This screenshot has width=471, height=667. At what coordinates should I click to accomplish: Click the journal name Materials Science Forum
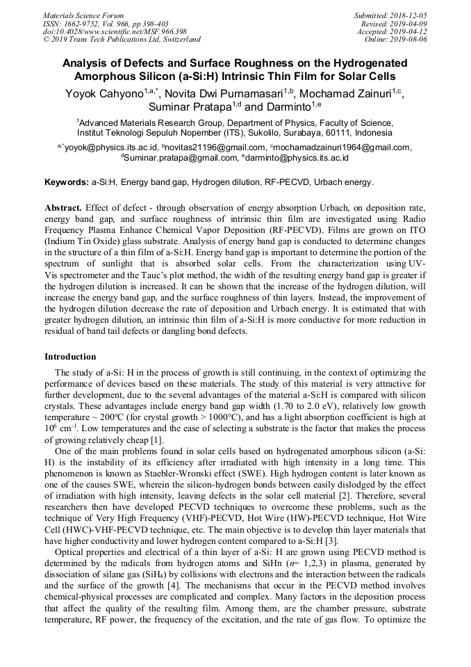tap(83, 15)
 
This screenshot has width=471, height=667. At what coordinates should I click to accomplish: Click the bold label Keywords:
tap(67, 183)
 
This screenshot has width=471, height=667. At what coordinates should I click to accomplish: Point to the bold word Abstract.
tap(63, 208)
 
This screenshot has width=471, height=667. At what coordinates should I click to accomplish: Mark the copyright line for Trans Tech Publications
tap(122, 40)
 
